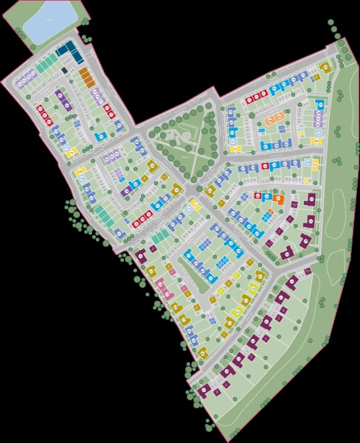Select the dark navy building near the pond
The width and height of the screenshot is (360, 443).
[69, 51]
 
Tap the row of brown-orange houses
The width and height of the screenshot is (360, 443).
[86, 77]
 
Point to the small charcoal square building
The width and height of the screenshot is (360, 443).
[65, 70]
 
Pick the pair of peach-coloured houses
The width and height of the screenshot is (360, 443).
[274, 118]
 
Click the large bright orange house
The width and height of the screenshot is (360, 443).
[278, 198]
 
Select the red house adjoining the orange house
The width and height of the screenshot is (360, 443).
[257, 195]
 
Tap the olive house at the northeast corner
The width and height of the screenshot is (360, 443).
[325, 67]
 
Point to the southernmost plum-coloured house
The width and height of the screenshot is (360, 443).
[202, 391]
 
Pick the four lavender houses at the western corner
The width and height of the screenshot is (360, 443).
[27, 76]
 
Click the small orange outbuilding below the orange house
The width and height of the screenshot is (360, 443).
[271, 212]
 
